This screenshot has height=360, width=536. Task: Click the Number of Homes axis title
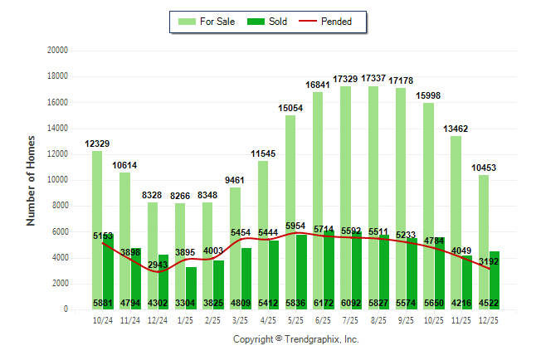click(x=32, y=180)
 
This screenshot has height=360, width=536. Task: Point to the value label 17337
click(x=373, y=78)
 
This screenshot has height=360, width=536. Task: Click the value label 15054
click(x=290, y=108)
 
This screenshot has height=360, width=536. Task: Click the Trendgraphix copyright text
click(x=295, y=339)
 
